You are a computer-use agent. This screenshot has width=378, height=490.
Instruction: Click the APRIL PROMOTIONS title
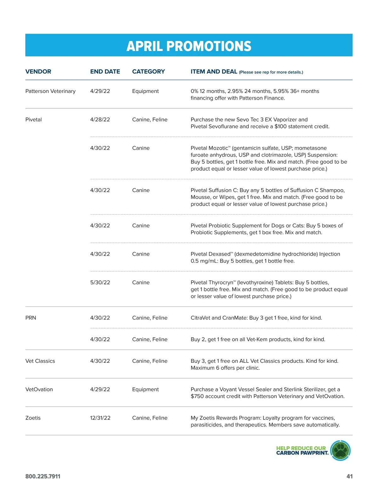189,46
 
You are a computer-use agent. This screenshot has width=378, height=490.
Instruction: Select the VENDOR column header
38,71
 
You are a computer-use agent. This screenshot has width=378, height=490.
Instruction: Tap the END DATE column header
105,71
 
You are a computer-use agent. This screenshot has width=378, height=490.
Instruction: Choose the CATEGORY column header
148,71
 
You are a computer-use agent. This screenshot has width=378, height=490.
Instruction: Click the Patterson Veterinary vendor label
50,91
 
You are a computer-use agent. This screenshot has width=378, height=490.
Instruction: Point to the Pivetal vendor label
33,120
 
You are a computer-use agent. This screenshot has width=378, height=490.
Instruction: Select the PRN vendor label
31,318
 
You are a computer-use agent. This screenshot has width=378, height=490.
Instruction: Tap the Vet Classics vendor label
40,361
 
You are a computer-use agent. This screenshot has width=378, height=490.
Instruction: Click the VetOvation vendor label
39,389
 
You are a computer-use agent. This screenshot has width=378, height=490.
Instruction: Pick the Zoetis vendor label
33,418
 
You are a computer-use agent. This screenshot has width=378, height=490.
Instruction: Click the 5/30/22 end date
100,282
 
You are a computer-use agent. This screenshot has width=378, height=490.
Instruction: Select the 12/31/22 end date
100,418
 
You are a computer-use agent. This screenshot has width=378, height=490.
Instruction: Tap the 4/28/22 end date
100,120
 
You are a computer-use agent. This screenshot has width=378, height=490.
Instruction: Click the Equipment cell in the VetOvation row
145,389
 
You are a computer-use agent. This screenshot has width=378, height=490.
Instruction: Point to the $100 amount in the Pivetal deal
280,127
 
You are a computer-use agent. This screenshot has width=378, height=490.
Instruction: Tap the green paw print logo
340,450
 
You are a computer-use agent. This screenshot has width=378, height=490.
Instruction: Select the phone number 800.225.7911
43,476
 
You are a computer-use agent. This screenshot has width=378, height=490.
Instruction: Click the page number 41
349,476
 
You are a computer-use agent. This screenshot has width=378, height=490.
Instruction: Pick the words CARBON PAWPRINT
302,453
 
